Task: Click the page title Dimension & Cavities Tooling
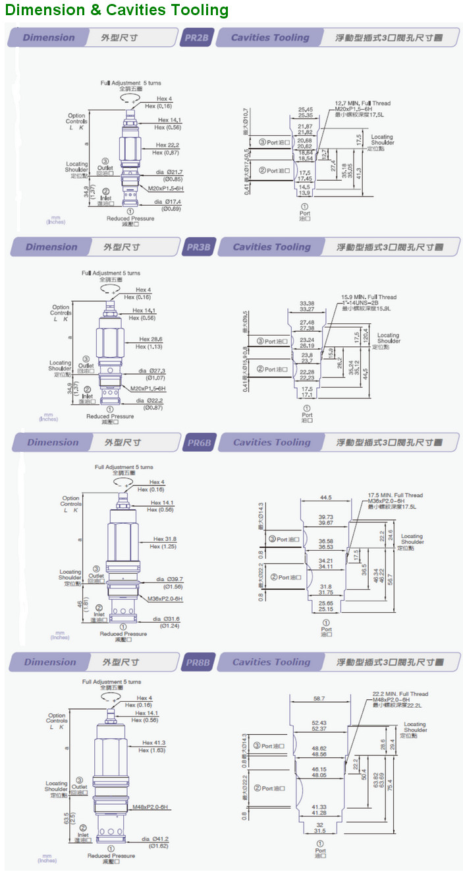click(117, 11)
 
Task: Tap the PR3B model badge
click(198, 247)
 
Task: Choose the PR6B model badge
click(199, 443)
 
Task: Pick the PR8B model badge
click(198, 662)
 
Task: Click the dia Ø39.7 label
click(169, 579)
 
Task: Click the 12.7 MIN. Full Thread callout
click(362, 104)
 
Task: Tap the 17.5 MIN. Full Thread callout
click(395, 495)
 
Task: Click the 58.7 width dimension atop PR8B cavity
click(319, 698)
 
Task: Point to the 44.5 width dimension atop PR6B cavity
click(325, 497)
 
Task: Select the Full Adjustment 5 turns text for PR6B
click(124, 467)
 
